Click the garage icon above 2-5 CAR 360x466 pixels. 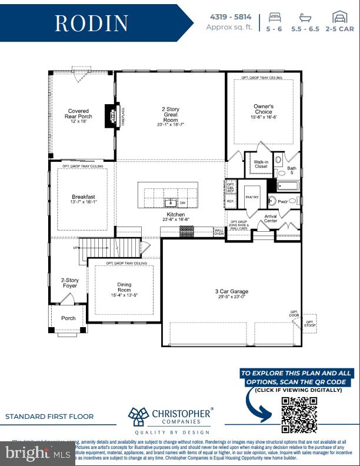pos(339,16)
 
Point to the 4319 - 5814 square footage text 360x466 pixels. pos(229,16)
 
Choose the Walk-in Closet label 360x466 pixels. pos(261,164)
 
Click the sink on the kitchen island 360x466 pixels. pos(170,202)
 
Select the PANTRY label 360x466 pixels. pos(252,198)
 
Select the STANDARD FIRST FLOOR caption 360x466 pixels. pos(49,417)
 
